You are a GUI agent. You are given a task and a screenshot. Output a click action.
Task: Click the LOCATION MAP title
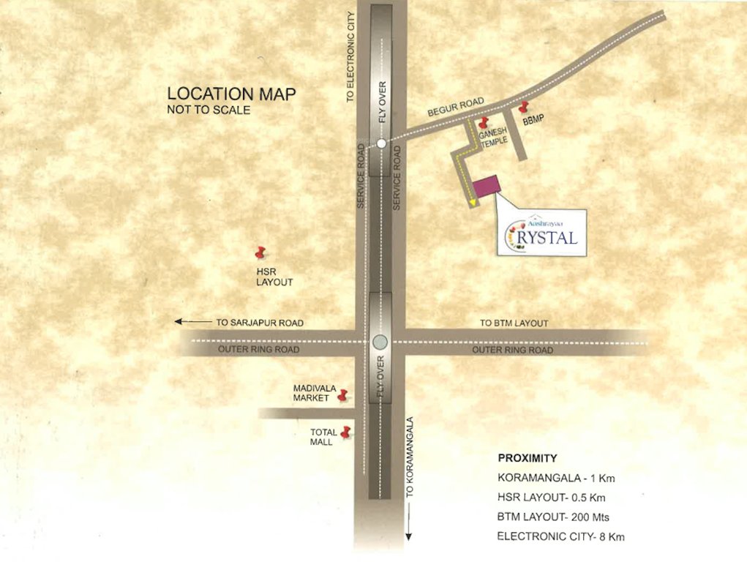(x=230, y=94)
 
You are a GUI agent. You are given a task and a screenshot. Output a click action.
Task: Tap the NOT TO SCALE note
(x=209, y=110)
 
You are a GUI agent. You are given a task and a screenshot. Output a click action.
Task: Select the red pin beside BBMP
(x=523, y=108)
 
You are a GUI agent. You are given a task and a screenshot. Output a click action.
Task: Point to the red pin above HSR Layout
(x=259, y=252)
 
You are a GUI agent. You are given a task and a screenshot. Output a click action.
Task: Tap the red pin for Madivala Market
(x=341, y=396)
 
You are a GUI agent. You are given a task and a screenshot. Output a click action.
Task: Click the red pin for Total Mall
(x=346, y=432)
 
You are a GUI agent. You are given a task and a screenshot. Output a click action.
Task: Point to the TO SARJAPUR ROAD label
(x=260, y=323)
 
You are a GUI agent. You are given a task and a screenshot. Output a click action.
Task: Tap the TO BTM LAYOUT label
(x=514, y=323)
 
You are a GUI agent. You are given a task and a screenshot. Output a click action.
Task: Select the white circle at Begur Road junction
(x=381, y=143)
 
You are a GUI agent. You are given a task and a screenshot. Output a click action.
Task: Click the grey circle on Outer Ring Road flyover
(x=379, y=341)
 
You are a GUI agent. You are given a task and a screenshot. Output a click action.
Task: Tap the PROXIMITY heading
(x=528, y=459)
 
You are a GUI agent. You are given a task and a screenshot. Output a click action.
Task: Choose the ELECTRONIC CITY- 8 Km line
(x=560, y=536)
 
